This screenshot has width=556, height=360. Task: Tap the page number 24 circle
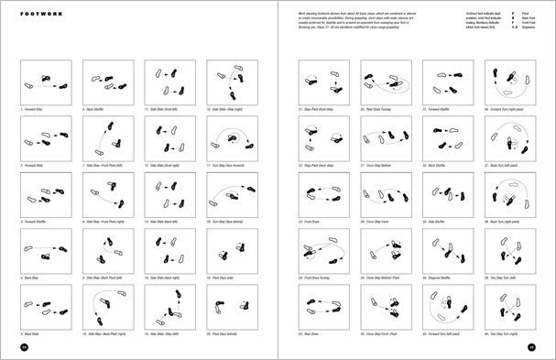(x=26, y=347)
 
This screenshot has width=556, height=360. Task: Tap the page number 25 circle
(x=530, y=347)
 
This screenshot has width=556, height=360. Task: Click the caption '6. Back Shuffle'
(x=96, y=108)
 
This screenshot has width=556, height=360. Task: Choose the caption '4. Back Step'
(x=33, y=274)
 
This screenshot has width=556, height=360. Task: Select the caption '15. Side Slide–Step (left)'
(x=163, y=329)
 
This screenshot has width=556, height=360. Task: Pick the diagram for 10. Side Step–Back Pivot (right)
(x=104, y=303)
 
